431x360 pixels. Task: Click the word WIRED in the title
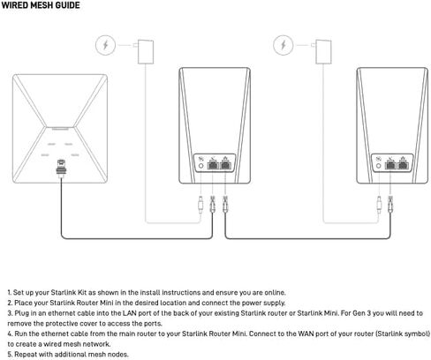(17, 5)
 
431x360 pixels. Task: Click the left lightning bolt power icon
(105, 44)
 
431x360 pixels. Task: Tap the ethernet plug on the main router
(60, 165)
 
